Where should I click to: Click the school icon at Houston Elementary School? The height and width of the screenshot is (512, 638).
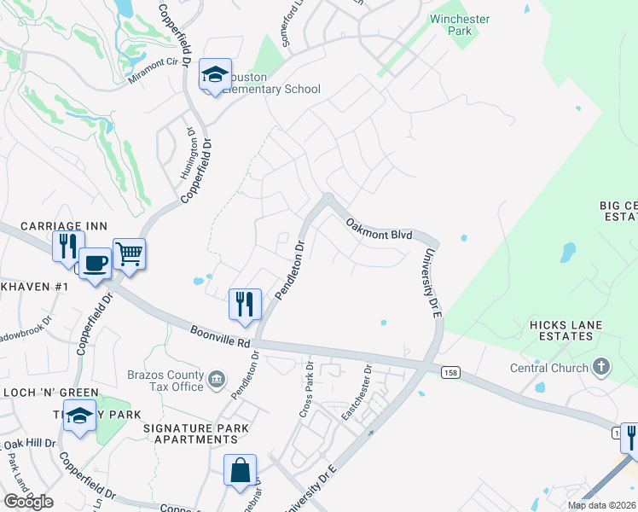pos(216,74)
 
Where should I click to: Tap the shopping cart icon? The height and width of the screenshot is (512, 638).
pos(129,253)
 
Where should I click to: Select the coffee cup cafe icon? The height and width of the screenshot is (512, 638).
pos(95,262)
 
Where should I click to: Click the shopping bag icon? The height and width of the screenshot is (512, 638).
pos(241,469)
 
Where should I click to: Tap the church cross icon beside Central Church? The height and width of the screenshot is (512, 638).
pos(602,368)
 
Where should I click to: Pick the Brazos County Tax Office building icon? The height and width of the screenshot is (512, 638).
pos(217,378)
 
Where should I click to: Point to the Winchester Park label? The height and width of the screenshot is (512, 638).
pos(461,23)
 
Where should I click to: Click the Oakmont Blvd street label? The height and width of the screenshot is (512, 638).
pos(379,229)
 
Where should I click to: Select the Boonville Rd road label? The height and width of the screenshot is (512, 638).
pos(220,336)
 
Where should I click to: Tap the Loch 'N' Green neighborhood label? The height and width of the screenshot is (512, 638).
pos(49,393)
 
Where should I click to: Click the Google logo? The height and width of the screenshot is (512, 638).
pos(28,502)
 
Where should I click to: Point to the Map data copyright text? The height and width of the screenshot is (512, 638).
pos(602,505)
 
